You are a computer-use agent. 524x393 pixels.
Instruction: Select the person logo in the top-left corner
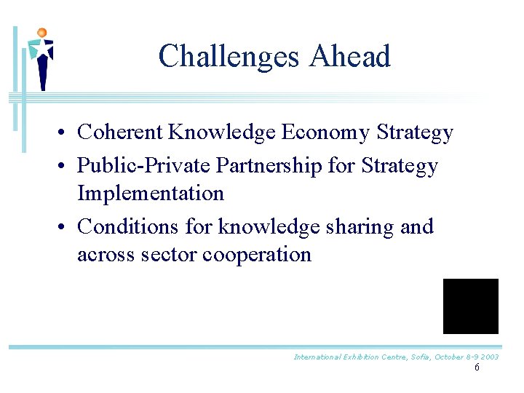tap(41, 58)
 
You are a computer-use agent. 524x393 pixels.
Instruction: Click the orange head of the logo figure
tap(41, 33)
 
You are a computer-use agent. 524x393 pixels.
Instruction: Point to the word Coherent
tap(120, 132)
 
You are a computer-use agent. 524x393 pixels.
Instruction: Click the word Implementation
tap(151, 194)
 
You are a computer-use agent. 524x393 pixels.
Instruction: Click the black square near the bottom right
tap(471, 306)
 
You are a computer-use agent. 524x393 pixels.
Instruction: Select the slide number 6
tap(477, 368)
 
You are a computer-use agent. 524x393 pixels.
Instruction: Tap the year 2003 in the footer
tap(488, 357)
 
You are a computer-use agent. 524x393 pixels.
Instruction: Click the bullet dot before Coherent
tap(65, 134)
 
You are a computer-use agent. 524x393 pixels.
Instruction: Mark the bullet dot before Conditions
tap(65, 229)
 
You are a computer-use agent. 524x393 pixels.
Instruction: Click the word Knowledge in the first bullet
tap(222, 132)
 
